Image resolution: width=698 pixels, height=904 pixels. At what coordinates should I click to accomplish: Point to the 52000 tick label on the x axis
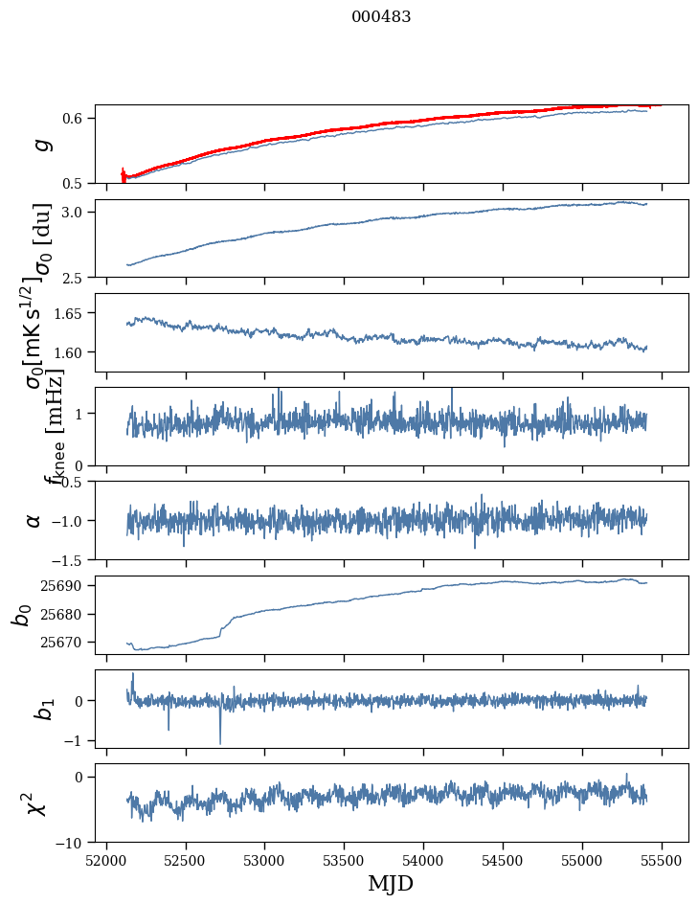(x=106, y=859)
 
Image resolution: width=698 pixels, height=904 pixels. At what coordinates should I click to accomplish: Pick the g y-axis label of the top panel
(x=39, y=144)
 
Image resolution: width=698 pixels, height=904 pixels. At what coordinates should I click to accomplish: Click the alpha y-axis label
(x=34, y=520)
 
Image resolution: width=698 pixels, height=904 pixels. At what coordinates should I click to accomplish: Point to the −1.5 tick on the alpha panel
(x=70, y=559)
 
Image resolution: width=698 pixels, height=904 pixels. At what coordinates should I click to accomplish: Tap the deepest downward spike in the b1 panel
(x=220, y=742)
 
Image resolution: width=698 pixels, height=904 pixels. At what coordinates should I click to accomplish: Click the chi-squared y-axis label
(x=35, y=803)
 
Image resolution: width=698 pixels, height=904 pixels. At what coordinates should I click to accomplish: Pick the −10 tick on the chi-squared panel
(x=73, y=843)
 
